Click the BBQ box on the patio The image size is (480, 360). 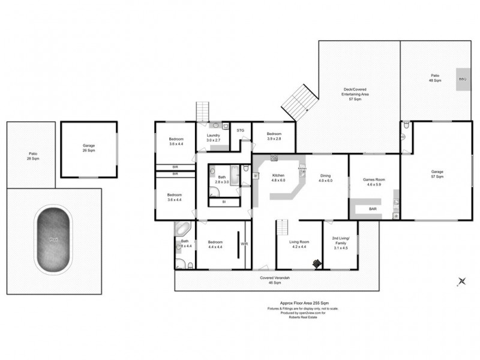tap(463, 79)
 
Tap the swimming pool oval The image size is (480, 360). tap(55, 238)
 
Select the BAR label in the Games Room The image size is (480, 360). tap(373, 209)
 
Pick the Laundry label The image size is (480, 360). tap(214, 137)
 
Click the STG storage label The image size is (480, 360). tap(240, 130)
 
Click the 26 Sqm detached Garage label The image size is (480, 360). tap(89, 148)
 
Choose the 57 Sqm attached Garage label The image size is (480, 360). tap(437, 175)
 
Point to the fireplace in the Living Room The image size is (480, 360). tap(316, 262)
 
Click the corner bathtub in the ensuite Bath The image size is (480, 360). tap(182, 230)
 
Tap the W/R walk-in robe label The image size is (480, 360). tap(244, 244)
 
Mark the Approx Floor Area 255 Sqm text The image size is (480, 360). tap(300, 304)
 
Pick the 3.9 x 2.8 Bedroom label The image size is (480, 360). tap(274, 136)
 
